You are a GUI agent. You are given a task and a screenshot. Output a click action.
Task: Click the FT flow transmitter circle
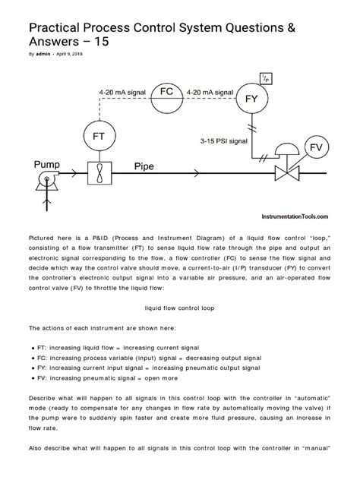99,136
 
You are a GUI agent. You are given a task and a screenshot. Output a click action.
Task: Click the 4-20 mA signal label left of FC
124,91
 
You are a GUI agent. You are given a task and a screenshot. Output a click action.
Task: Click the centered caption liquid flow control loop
180,308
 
